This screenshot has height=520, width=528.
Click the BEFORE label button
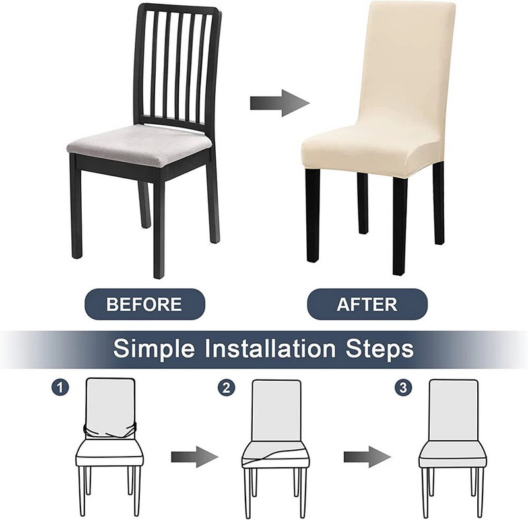tap(145, 304)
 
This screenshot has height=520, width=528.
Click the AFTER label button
tap(368, 304)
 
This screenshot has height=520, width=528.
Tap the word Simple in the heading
tap(154, 348)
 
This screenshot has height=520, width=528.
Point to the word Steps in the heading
tap(379, 348)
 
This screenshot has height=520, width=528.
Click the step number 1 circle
tap(60, 388)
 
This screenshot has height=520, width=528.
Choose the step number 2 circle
tap(226, 388)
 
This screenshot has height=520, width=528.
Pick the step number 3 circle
tap(403, 388)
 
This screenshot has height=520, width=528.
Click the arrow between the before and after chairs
tap(279, 103)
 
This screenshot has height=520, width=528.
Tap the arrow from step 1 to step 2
tap(195, 457)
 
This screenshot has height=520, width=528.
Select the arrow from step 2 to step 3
tap(367, 457)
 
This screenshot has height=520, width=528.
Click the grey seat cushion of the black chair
tap(141, 141)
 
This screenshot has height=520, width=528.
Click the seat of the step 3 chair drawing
tap(453, 455)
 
